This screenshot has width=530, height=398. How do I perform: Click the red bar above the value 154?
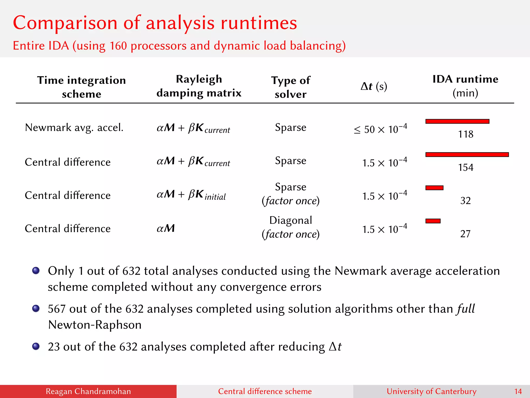[x=467, y=155]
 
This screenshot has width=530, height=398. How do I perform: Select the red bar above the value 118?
[x=457, y=121]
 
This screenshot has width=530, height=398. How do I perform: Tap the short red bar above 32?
[x=434, y=188]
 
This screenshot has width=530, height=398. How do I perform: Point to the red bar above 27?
[x=433, y=221]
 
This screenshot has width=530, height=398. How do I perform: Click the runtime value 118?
[x=465, y=134]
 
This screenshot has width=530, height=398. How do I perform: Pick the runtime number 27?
[x=465, y=234]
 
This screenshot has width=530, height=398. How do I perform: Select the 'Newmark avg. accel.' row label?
[x=74, y=127]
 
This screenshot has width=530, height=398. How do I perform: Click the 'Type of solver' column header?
[x=290, y=87]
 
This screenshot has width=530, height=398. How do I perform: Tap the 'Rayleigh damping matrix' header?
[x=199, y=86]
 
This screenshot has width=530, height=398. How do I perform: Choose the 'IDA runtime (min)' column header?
[x=465, y=86]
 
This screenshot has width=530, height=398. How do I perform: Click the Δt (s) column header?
[x=374, y=86]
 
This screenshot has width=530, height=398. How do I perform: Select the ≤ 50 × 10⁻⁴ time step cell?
[x=380, y=129]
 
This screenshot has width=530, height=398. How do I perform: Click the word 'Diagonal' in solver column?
[x=290, y=220]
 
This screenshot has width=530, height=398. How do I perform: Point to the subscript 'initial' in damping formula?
[x=215, y=197]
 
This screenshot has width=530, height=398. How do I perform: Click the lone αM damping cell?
[x=166, y=228]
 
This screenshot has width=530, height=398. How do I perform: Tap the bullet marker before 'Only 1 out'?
[x=36, y=271]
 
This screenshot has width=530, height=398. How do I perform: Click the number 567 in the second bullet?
[x=57, y=309]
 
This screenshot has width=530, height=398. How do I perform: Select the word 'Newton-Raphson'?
[x=95, y=325]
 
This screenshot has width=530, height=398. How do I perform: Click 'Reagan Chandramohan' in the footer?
[x=88, y=391]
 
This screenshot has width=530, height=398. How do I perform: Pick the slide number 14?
[x=518, y=391]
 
